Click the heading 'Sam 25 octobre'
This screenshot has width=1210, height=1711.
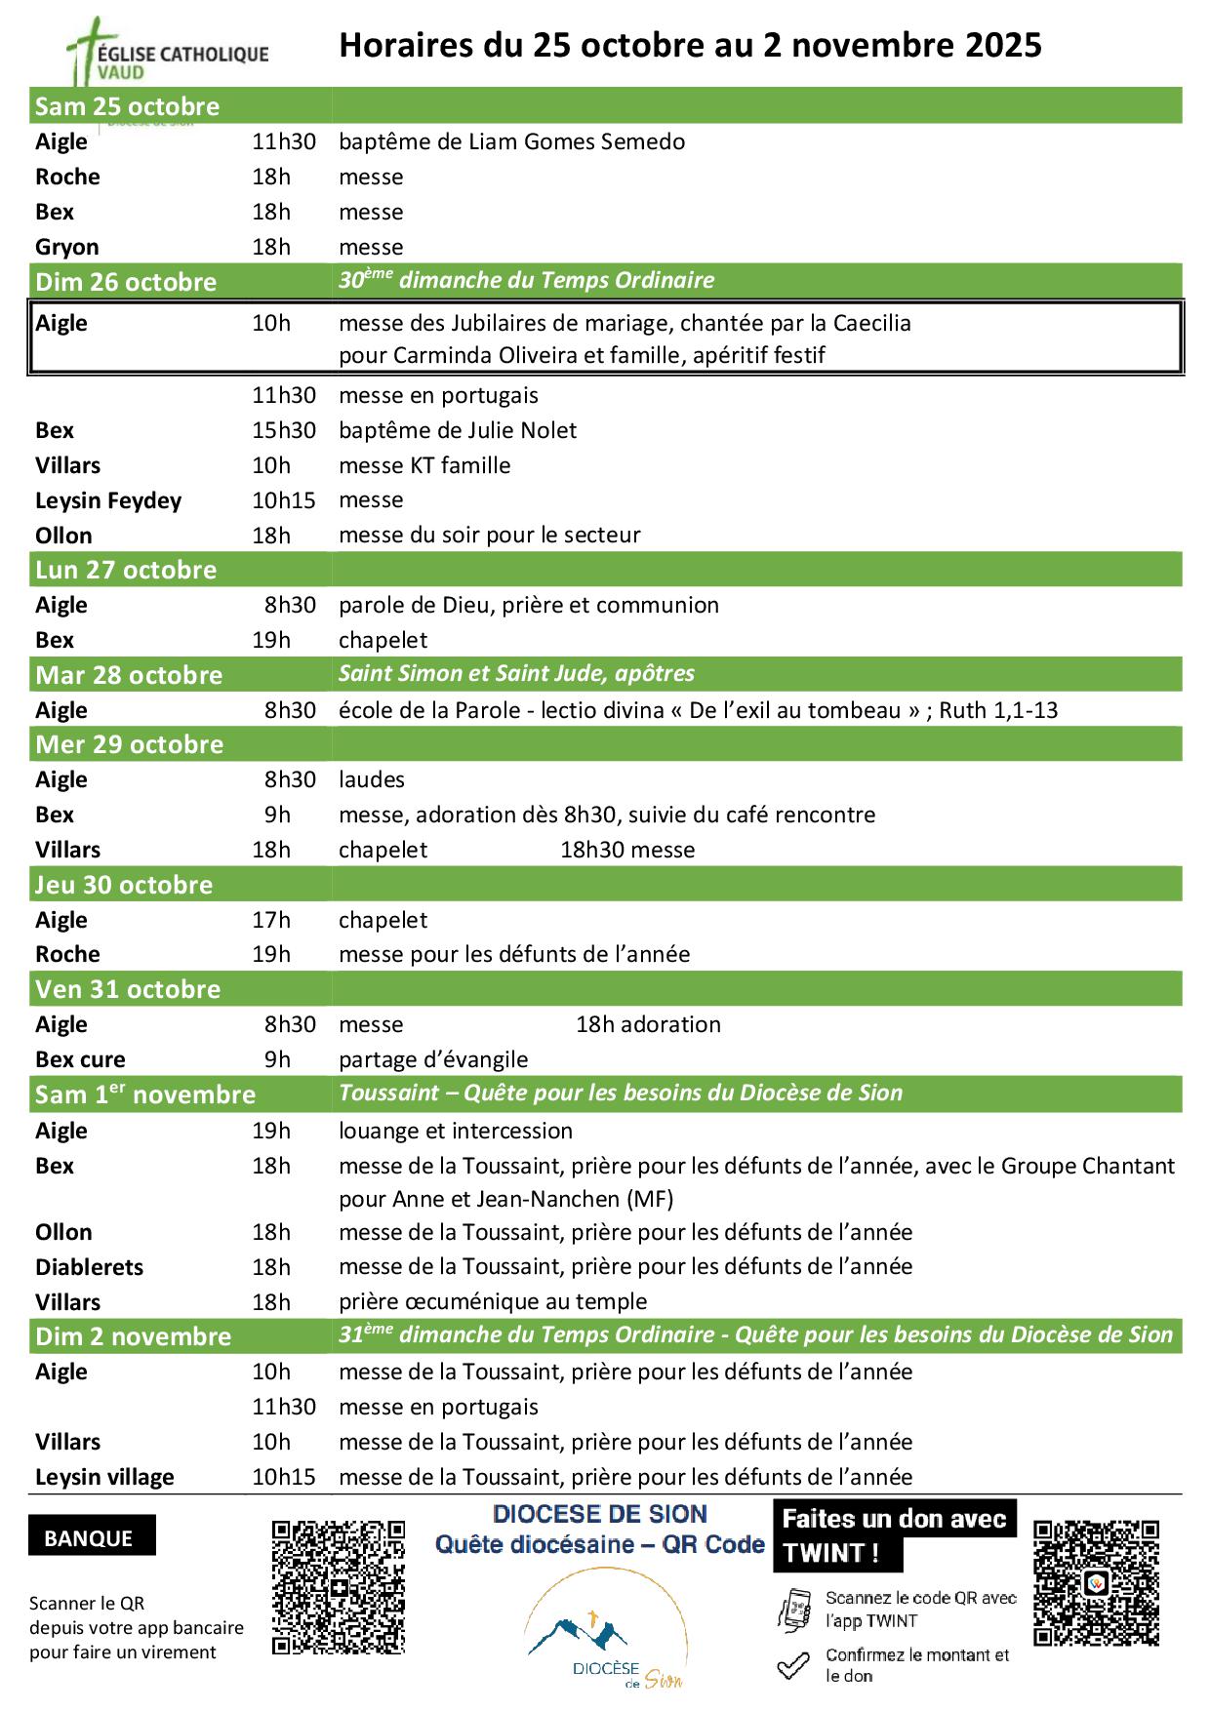127,106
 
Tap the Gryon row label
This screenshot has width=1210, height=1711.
66,247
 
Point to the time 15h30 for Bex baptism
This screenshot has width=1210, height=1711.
283,430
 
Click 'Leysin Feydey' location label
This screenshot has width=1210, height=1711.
108,500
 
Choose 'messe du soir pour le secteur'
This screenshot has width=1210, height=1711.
489,535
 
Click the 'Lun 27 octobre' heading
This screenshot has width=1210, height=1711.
126,570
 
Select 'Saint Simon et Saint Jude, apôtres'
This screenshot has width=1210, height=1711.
516,673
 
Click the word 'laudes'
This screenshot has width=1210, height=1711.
371,779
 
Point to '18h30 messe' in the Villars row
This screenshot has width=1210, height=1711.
627,850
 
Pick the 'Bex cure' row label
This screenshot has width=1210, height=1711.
80,1059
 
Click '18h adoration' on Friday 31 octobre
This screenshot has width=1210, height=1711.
648,1024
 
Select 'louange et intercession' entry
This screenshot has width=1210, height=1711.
456,1131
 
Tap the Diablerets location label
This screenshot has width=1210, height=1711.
89,1267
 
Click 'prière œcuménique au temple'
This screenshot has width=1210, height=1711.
493,1301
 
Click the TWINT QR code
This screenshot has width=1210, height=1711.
1096,1582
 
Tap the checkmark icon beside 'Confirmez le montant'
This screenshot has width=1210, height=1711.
793,1664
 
